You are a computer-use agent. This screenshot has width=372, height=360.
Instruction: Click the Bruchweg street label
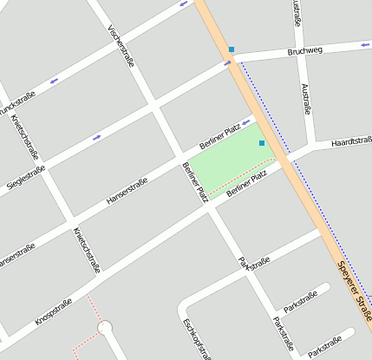pos(304,52)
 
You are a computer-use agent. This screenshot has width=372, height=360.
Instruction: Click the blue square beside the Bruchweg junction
pos(232,49)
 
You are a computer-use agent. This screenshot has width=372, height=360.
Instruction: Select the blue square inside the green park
pos(262,143)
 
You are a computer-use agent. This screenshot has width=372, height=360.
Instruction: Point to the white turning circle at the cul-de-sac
pos(105,328)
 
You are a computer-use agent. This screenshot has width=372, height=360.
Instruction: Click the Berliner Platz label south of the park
pos(245,184)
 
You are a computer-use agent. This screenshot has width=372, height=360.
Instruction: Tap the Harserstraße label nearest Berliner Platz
pos(127,193)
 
